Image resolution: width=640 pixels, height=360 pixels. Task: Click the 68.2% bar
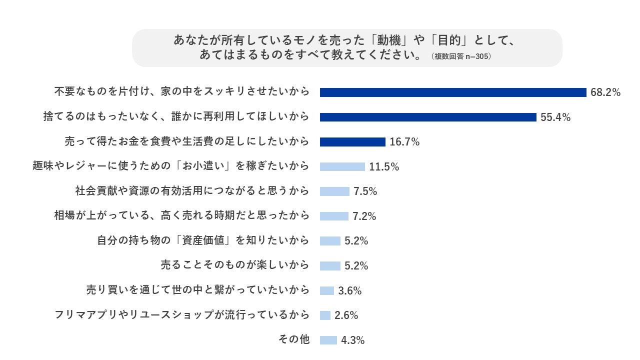tap(453, 92)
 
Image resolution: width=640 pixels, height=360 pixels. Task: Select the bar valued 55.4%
tap(428, 117)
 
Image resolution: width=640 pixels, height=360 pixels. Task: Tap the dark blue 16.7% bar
tap(352, 142)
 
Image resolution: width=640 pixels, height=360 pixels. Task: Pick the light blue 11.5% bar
tap(342, 166)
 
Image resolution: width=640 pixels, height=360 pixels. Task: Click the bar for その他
tap(328, 340)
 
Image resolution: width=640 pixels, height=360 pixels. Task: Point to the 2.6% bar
tap(325, 315)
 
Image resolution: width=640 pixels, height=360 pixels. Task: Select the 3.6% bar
tap(327, 290)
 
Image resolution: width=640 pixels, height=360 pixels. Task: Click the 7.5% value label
tap(365, 191)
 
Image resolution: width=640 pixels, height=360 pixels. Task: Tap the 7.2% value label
tap(364, 216)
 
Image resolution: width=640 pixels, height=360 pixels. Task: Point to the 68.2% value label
tap(605, 92)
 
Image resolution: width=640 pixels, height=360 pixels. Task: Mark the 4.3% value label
tap(353, 340)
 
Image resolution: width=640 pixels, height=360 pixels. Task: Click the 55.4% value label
tap(555, 117)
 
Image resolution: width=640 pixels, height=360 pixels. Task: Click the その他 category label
tap(294, 339)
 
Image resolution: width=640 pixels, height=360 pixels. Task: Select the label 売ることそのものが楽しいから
tap(235, 265)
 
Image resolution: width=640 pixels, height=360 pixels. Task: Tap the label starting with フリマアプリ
tap(182, 315)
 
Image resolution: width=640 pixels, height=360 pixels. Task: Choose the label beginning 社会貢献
tap(192, 191)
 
